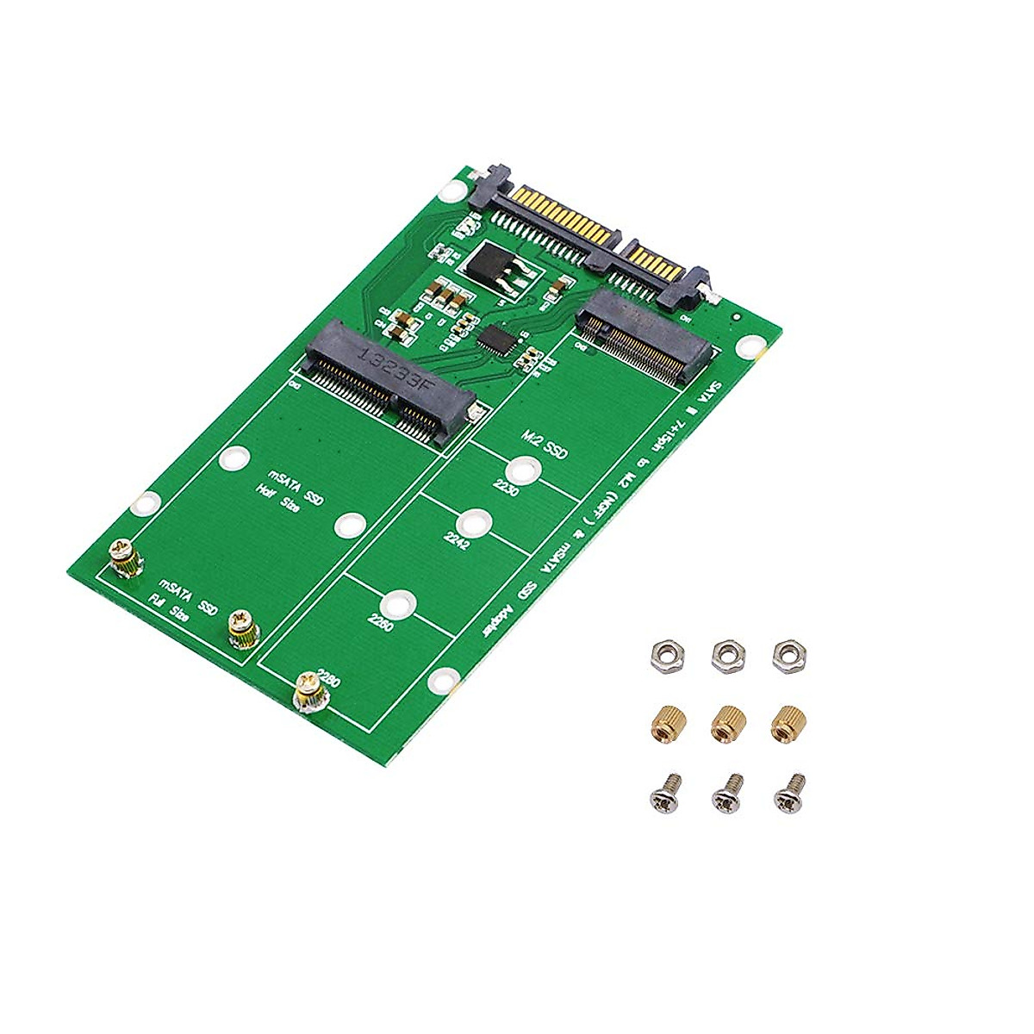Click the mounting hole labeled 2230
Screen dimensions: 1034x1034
point(522,470)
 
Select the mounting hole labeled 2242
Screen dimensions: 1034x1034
point(474,524)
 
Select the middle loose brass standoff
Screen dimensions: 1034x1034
point(727,722)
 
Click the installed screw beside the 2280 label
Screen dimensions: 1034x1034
point(308,690)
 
